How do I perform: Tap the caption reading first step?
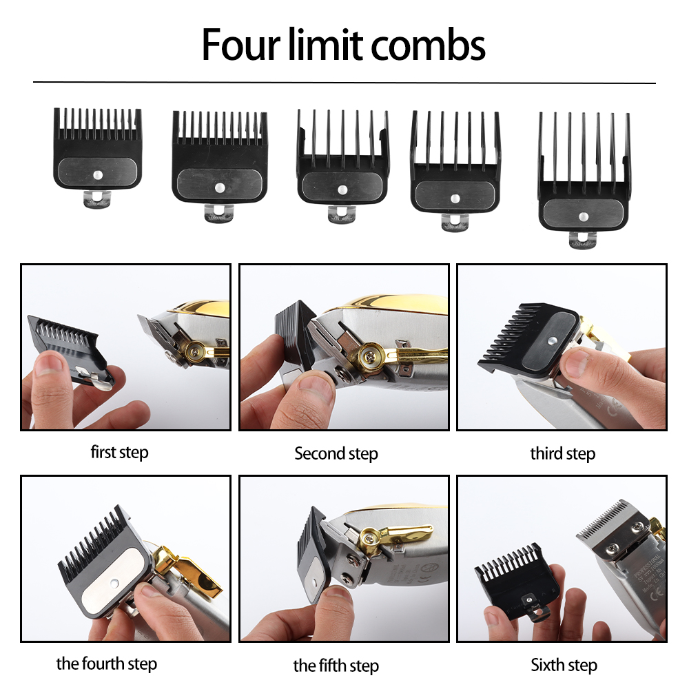click(119, 453)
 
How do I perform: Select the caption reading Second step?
click(336, 454)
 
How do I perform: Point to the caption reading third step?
click(562, 454)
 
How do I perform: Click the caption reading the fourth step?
click(107, 664)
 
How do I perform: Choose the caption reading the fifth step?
click(336, 666)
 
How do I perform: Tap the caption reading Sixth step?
click(564, 665)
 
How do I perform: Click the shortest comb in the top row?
click(98, 148)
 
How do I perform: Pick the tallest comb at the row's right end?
click(583, 176)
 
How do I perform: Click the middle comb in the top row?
click(342, 162)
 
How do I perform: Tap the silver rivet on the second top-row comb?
click(219, 186)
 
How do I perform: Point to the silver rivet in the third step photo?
click(554, 338)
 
